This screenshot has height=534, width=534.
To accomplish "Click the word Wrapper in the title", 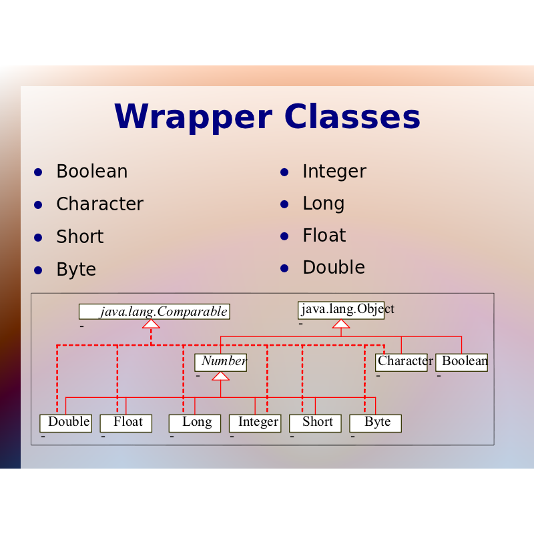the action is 194,117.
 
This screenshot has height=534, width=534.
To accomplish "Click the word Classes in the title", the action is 352,116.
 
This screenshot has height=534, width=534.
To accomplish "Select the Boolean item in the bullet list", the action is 92,171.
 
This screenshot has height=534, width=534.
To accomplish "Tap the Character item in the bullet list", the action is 99,204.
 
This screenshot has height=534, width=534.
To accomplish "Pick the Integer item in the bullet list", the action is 334,172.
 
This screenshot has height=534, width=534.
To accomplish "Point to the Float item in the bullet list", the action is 324,235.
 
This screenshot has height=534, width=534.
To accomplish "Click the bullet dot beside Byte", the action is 38,270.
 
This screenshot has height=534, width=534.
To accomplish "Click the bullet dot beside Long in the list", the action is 284,204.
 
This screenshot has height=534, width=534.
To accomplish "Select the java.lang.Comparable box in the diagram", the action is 154,312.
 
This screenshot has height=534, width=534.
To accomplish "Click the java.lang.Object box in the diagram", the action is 341,310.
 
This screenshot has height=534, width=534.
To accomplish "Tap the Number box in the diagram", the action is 221,362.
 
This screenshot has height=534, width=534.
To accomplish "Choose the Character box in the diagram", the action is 401,362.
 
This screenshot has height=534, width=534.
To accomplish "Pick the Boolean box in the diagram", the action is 461,362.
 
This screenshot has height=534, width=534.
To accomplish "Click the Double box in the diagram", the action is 65,423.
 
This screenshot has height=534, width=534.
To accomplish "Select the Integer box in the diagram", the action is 255,423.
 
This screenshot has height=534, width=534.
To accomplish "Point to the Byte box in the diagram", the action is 376,423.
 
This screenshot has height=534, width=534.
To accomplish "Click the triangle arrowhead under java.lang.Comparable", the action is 152,324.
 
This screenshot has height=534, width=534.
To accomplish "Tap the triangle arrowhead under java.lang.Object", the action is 341,324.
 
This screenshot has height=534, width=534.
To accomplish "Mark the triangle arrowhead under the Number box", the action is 221,376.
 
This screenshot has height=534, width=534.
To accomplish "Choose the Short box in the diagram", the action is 315,423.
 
